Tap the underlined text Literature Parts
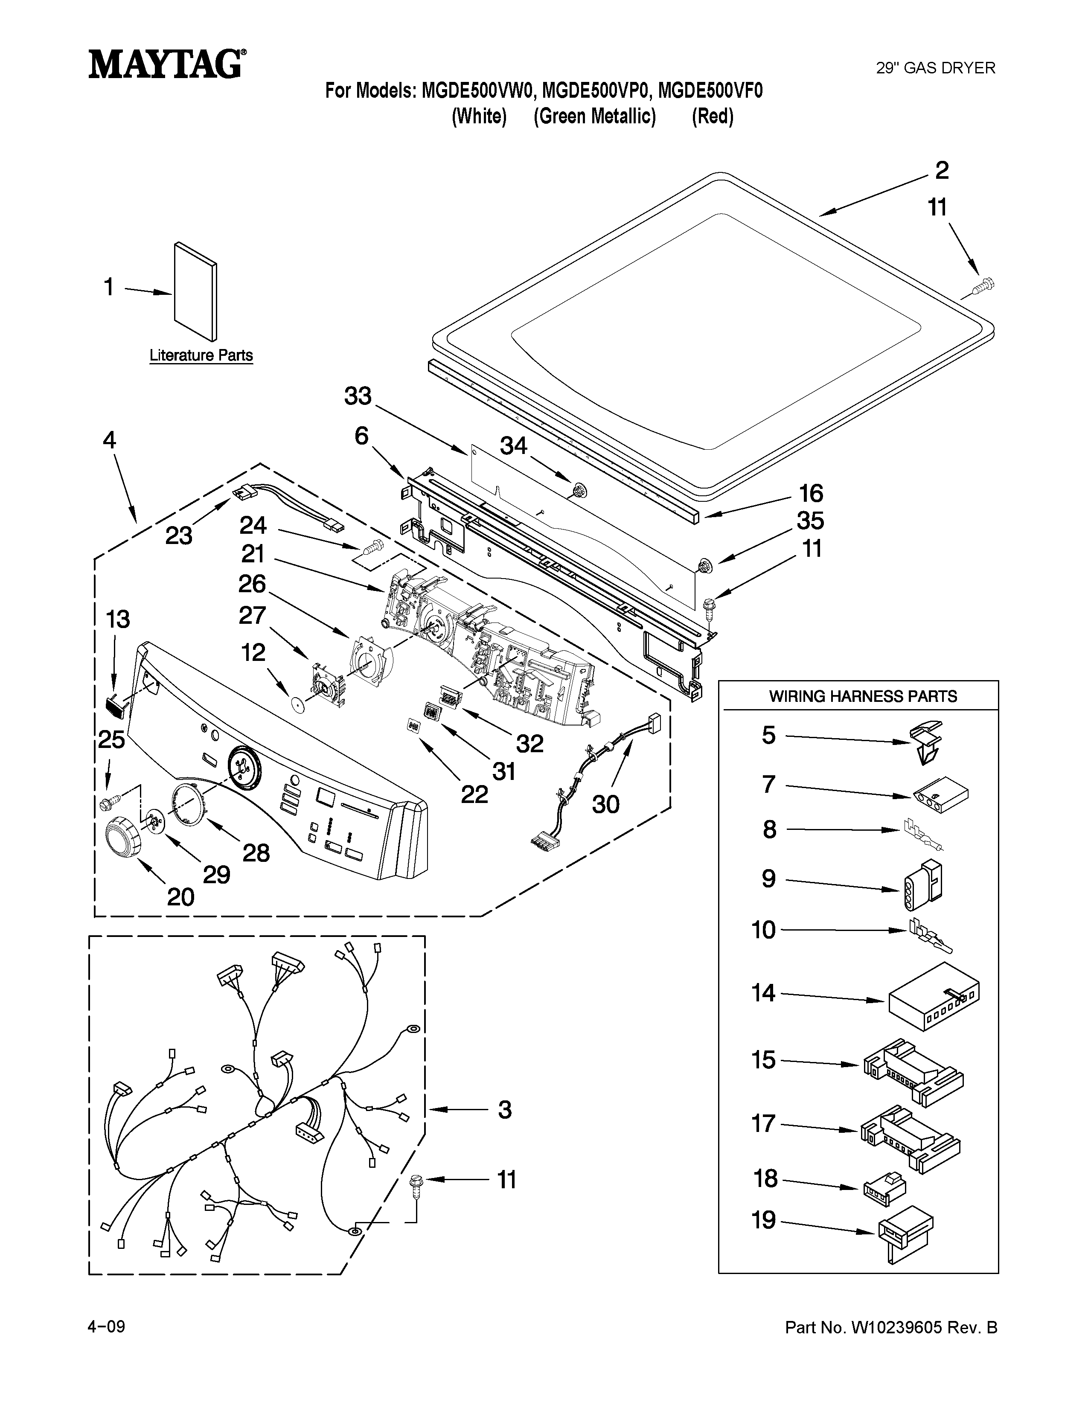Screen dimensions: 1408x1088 [201, 355]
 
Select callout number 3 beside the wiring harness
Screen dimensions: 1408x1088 [505, 1109]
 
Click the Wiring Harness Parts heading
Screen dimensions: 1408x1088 [862, 696]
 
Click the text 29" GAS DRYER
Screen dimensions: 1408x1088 [935, 68]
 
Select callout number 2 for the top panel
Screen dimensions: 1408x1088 [942, 171]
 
